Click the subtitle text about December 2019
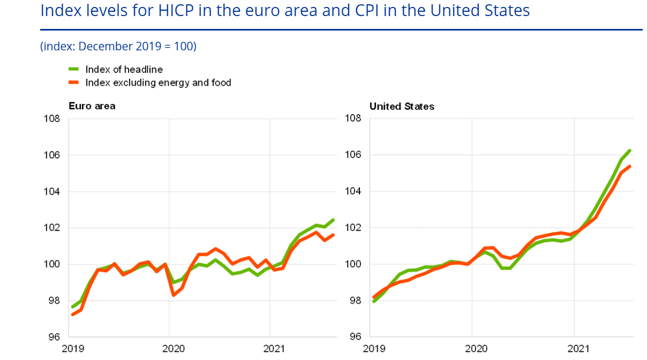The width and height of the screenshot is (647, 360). (118, 47)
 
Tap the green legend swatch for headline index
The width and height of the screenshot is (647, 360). (74, 69)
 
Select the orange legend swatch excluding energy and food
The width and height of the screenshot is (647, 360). (74, 82)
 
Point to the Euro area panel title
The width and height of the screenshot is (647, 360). (92, 106)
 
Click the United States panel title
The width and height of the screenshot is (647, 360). (402, 106)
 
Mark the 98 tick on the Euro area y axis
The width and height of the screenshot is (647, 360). (52, 301)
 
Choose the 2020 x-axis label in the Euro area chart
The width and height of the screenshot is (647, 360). (169, 349)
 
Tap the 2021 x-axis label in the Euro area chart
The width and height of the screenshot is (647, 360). (270, 349)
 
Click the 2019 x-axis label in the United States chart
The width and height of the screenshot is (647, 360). (373, 349)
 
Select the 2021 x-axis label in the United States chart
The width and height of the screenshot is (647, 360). (574, 349)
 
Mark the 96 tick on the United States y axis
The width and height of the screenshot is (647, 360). (354, 337)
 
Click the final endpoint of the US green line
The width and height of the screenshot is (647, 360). (630, 151)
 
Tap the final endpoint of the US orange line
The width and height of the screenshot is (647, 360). (630, 166)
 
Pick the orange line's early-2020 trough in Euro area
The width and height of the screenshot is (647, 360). (174, 295)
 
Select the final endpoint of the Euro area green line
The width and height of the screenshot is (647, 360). (333, 220)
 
